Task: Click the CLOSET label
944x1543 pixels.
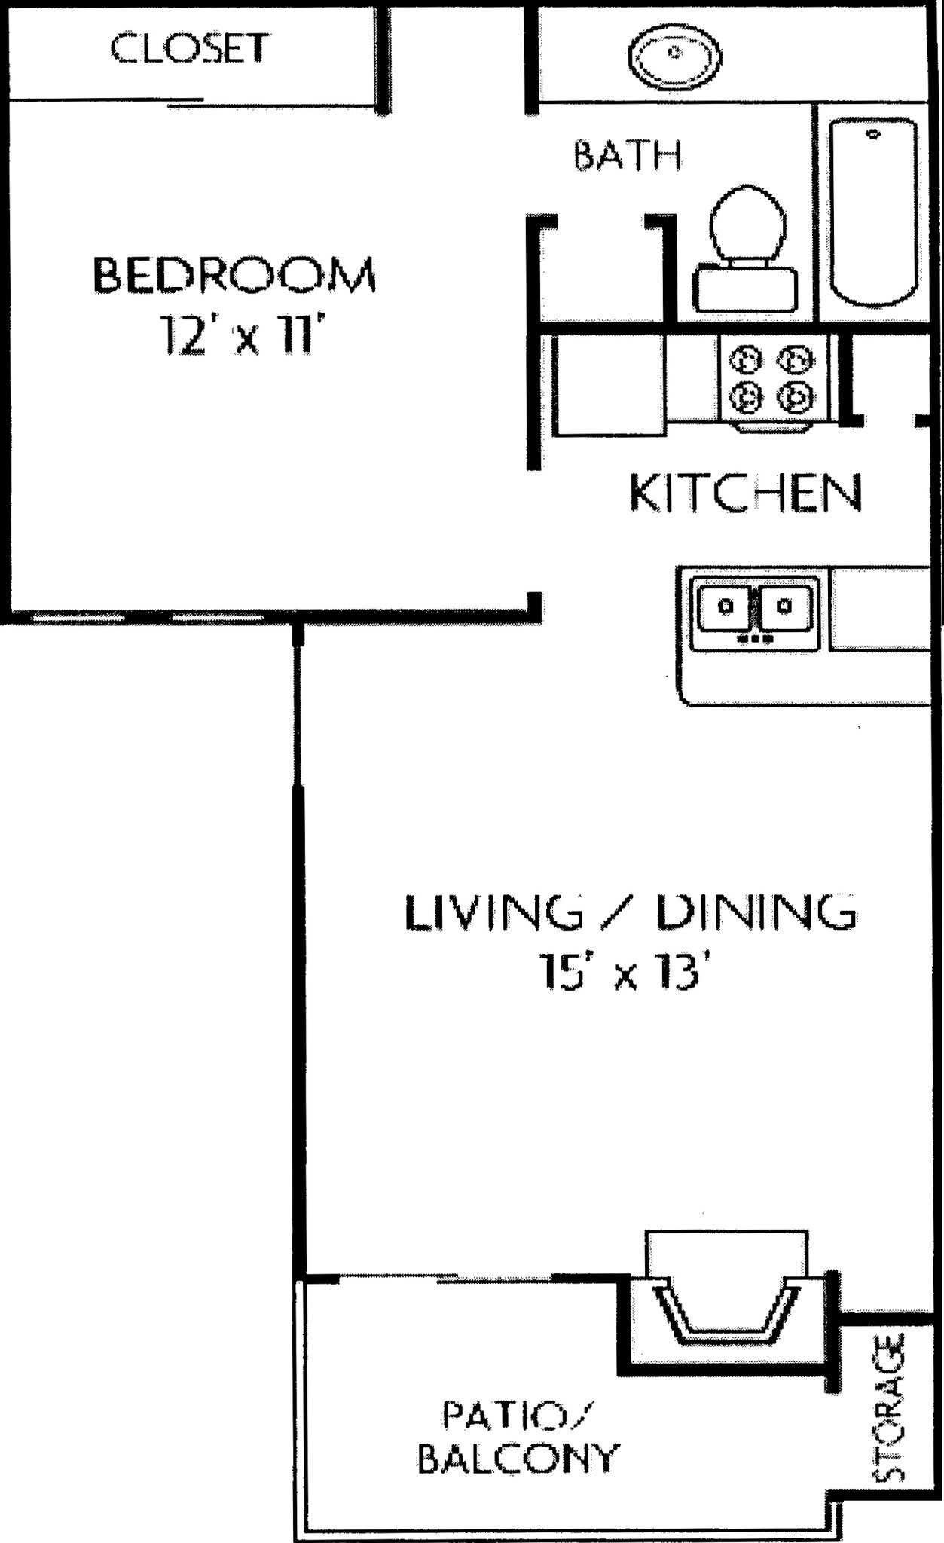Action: click(189, 48)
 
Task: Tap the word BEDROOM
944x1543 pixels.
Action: click(234, 275)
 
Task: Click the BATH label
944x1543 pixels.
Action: click(628, 156)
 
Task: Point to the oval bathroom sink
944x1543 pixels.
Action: click(675, 55)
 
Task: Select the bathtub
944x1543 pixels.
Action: click(874, 211)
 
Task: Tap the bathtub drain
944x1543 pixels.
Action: click(874, 134)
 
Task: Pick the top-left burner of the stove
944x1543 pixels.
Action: click(747, 359)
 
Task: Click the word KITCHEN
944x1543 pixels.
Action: click(744, 493)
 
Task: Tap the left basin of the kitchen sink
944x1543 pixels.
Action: click(725, 607)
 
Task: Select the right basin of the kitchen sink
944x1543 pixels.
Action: click(785, 607)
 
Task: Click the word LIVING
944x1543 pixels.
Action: click(493, 912)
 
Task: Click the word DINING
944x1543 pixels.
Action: click(756, 912)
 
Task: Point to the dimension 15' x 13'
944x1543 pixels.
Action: click(625, 972)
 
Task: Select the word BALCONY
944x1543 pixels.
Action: click(518, 1459)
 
